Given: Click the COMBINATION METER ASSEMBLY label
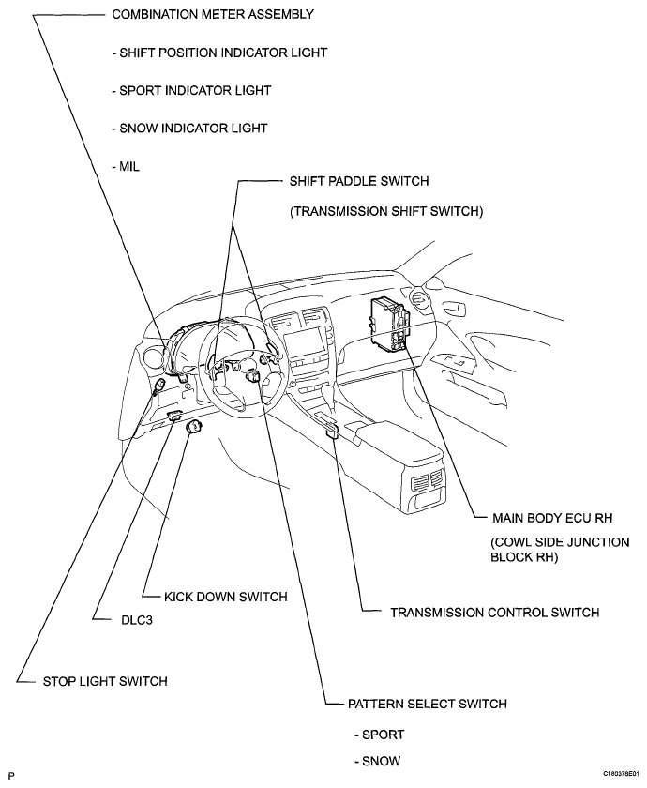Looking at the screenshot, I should point(212,15).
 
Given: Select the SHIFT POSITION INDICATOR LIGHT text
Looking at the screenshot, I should point(218,53).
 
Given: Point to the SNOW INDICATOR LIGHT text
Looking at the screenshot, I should point(188,128).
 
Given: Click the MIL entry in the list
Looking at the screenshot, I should point(125,165).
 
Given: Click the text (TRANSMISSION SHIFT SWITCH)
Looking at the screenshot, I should point(386,212).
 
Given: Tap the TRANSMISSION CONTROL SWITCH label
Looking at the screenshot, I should point(494,613).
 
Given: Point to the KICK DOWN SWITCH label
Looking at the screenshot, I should point(225,596).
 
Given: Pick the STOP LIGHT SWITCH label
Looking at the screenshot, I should point(105,681).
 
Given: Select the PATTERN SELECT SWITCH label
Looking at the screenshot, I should point(427,703).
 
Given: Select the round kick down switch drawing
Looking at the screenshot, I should point(194,428).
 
